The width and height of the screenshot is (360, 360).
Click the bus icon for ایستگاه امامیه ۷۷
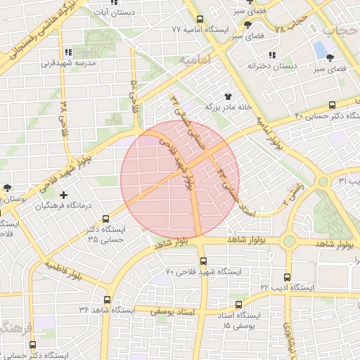coord(200,20)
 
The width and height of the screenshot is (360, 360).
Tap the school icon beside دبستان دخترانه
coord(272,55)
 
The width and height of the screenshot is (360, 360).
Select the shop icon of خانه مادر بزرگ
coord(227,96)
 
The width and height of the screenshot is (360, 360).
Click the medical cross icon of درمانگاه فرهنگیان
coord(64,195)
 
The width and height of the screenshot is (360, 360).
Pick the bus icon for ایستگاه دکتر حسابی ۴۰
coord(332,103)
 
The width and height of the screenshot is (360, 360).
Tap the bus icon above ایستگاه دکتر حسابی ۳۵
coord(105,219)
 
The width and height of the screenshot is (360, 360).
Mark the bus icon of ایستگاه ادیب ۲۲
coord(286,277)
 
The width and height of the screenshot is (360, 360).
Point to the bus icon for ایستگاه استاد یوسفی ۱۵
coord(239,305)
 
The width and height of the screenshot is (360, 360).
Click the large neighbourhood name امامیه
coord(195,61)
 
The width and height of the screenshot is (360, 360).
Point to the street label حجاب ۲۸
coord(291,25)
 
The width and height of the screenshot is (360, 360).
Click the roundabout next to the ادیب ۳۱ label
coord(323,181)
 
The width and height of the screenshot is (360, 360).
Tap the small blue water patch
coord(324,50)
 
